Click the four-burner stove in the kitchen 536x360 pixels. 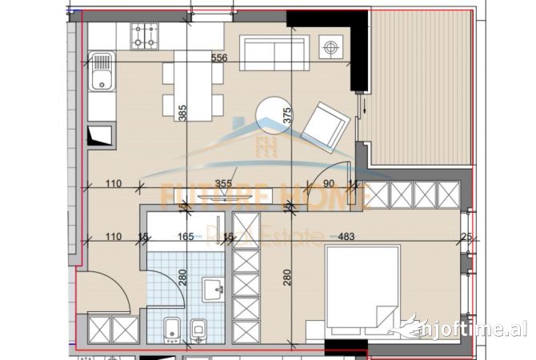pyautogui.click(x=146, y=34)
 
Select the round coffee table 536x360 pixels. pyautogui.click(x=274, y=117)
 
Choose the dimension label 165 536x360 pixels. pyautogui.click(x=186, y=238)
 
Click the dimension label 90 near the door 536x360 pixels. pyautogui.click(x=327, y=184)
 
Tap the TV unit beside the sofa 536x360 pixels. pyautogui.click(x=330, y=47)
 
